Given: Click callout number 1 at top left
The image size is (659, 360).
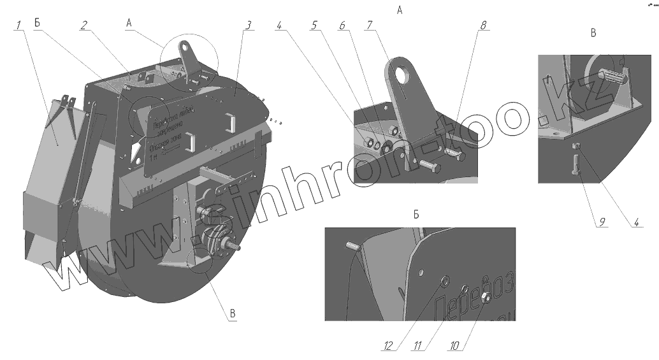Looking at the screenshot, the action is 19,25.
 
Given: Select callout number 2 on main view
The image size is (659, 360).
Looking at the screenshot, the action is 83,25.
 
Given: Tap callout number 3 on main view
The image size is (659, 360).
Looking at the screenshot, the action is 249,25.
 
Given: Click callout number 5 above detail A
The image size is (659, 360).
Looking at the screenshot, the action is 314,25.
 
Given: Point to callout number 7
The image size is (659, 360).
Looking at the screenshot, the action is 369,25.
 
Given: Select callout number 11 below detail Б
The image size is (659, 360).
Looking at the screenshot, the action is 417,346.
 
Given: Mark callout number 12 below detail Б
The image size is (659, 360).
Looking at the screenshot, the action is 386,346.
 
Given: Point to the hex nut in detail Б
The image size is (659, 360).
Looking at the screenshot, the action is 484,297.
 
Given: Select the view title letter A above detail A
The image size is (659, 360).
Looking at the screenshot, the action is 400,10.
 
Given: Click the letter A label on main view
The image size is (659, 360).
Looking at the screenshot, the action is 129,23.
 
